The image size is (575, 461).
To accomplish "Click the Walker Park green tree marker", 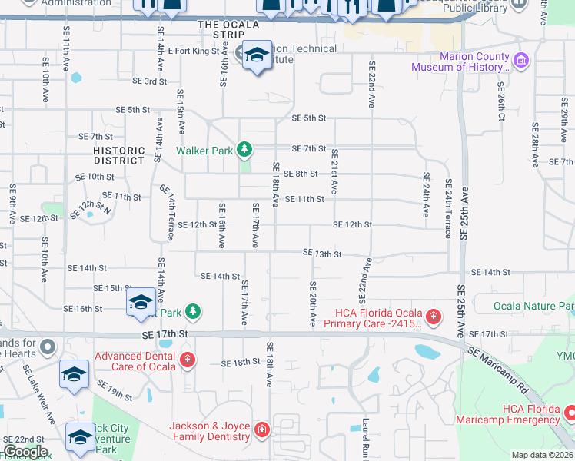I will click(244, 148).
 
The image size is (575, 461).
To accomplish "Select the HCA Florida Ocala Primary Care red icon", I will click(433, 316).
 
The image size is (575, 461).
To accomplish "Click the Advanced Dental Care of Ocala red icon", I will click(187, 359).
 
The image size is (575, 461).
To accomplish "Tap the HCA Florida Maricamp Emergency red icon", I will click(569, 412).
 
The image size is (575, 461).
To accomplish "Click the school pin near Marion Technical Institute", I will click(257, 57).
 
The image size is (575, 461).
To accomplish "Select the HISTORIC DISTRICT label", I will click(118, 156).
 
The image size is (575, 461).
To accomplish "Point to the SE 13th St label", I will click(321, 253).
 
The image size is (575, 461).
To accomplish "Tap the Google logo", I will click(25, 453).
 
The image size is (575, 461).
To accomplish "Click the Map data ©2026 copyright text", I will click(542, 455).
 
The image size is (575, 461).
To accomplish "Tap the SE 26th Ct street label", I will click(500, 102).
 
